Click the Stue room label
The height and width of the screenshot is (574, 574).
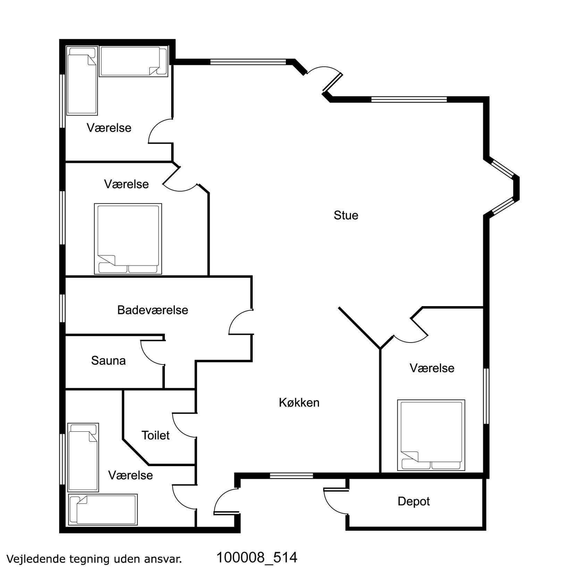(x=346, y=215)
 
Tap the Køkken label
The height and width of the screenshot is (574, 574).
(x=299, y=403)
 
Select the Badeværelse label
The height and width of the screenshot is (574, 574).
(x=153, y=310)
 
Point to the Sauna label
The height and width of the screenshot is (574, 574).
(x=108, y=361)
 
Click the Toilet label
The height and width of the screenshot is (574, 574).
(x=155, y=435)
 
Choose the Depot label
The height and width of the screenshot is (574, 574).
(x=414, y=501)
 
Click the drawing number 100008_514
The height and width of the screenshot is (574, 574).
(x=257, y=557)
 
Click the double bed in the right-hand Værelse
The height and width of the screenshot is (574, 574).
(x=431, y=436)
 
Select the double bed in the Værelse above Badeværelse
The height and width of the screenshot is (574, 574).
(x=128, y=239)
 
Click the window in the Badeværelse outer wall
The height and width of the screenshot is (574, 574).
(x=62, y=309)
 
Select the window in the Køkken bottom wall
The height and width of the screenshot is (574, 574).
(x=292, y=475)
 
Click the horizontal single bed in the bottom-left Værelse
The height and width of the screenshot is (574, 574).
(x=103, y=509)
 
